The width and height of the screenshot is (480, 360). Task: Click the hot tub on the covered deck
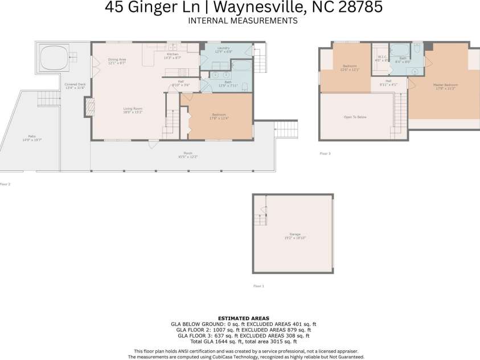point(54,58)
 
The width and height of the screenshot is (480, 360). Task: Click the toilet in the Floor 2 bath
point(244,87)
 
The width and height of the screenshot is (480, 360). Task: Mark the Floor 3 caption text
point(325,153)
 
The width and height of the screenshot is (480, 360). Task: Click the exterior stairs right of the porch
point(286,129)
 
